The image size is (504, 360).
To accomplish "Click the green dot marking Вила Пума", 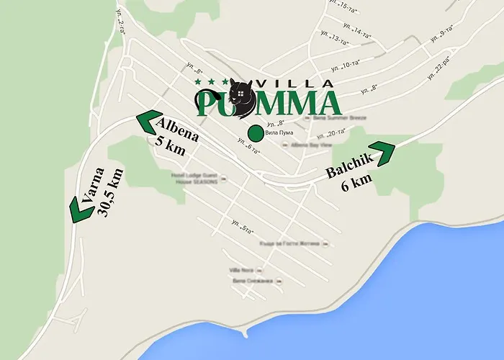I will tap(253, 133).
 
